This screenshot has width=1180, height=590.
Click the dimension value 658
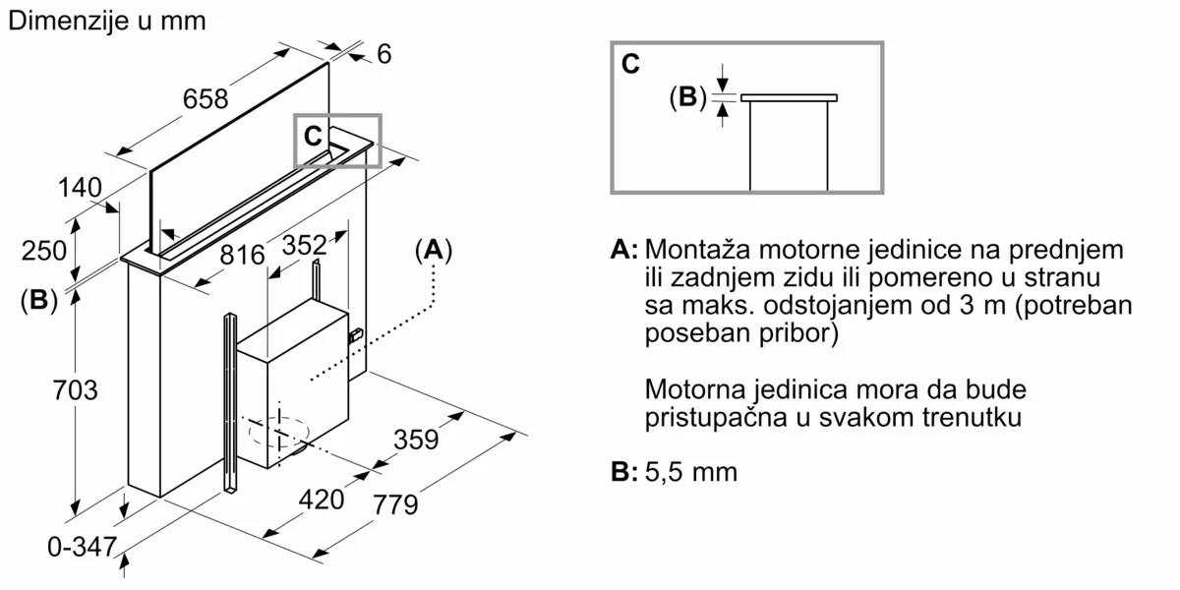pos(205,99)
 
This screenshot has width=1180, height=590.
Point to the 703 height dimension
pos(75,389)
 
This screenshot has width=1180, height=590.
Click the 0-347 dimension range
pos(83,548)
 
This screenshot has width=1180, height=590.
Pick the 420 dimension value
pos(322,500)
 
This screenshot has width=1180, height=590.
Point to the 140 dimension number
pos(80,186)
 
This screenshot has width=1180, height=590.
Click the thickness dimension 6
pos(383,55)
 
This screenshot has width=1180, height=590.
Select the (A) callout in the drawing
pos(433,251)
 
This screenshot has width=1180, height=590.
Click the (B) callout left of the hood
pos(38,301)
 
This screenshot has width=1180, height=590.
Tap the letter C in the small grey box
pos(313,137)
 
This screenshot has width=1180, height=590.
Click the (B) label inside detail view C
pos(687,96)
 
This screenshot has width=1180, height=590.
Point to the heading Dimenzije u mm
pos(106,22)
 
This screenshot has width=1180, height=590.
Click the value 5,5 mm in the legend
pos(691,472)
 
